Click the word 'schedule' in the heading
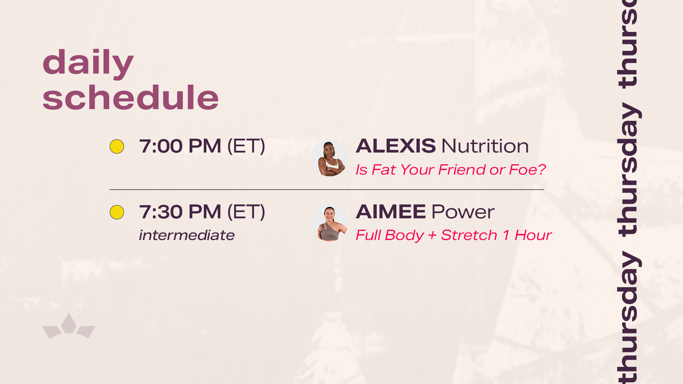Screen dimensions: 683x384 click(x=131, y=97)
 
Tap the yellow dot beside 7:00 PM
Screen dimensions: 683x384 click(x=117, y=146)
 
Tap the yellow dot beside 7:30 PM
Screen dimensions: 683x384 click(x=117, y=212)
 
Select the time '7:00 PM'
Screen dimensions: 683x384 click(x=180, y=146)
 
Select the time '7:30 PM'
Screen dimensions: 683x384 click(x=180, y=212)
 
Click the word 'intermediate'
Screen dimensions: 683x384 click(x=187, y=235)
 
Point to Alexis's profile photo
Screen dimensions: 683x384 click(x=330, y=158)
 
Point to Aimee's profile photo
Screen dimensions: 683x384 click(x=330, y=223)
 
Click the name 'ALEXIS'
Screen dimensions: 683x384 click(x=396, y=146)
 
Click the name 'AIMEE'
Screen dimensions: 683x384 click(x=391, y=212)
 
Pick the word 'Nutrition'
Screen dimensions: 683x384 click(x=485, y=146)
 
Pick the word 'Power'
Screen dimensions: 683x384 click(x=463, y=212)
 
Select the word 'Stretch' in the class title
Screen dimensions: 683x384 click(x=469, y=235)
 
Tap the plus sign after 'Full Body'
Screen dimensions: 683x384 click(x=432, y=235)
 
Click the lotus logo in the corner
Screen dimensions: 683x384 click(x=69, y=326)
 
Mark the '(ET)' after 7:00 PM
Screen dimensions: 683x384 click(x=246, y=146)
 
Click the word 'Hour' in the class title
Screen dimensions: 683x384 click(x=533, y=235)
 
